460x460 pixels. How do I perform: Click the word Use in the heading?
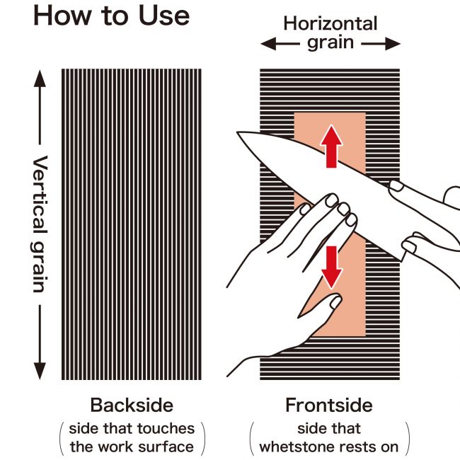(164, 16)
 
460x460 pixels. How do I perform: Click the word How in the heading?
(62, 16)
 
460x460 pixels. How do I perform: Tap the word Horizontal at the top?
(330, 23)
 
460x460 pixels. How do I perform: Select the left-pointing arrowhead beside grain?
(268, 44)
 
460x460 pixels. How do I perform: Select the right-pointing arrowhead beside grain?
(393, 44)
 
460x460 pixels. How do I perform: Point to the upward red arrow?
(331, 146)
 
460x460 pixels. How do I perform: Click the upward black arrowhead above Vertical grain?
(40, 79)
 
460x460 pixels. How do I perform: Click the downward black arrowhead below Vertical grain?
(40, 371)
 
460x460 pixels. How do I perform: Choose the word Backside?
(132, 405)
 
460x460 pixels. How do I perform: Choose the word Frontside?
(329, 405)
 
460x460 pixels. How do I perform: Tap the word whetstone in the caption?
(295, 447)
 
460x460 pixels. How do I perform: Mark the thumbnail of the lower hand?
(335, 302)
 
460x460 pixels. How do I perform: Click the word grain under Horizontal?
(330, 43)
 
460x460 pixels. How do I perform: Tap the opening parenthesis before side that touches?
(62, 439)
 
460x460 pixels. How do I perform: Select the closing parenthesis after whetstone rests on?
(407, 439)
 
